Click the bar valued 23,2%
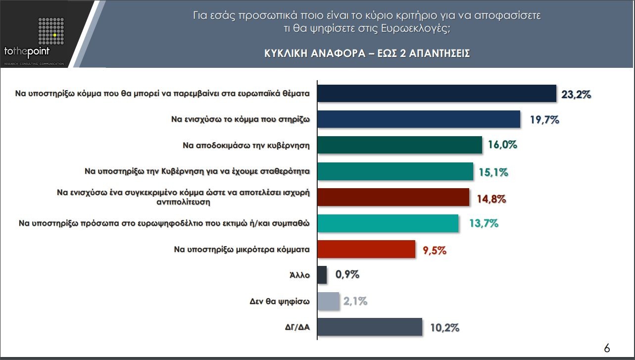[x=436, y=93]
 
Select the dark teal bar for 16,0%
[x=399, y=145]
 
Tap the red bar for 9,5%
[x=366, y=249]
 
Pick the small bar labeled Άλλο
[x=322, y=275]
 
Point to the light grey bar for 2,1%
[x=328, y=301]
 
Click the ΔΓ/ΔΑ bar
[x=369, y=327]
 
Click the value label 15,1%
[x=493, y=172]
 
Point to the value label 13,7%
[x=483, y=223]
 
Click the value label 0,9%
[x=347, y=275]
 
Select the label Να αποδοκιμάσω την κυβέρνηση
[x=246, y=146]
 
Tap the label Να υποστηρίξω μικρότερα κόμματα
[x=242, y=250]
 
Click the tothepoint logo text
[x=27, y=51]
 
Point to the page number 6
[x=607, y=348]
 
